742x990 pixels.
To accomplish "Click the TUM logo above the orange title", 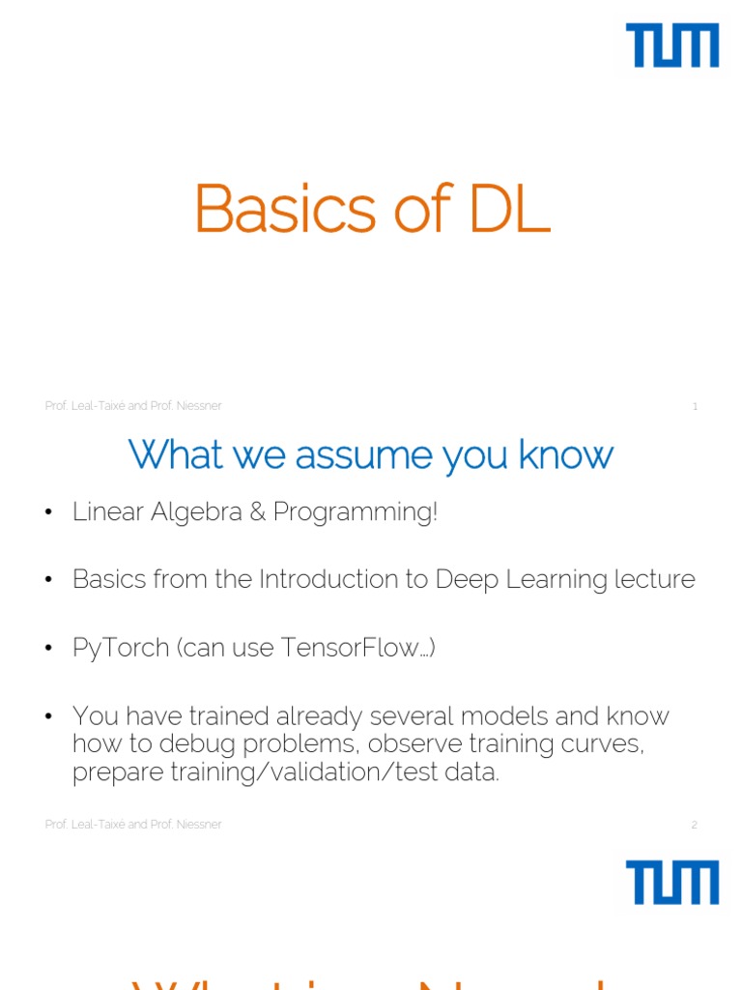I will click(x=672, y=46).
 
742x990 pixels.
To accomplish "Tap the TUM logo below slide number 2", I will click(x=672, y=884).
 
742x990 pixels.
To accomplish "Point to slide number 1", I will click(x=695, y=406).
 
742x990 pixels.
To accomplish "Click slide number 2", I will click(x=694, y=825).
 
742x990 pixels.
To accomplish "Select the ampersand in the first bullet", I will click(x=257, y=512).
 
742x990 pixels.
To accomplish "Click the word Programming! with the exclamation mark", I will click(x=355, y=513).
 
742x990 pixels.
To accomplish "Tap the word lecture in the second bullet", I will click(x=654, y=579).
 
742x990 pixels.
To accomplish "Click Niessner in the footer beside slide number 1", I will click(x=200, y=406).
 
